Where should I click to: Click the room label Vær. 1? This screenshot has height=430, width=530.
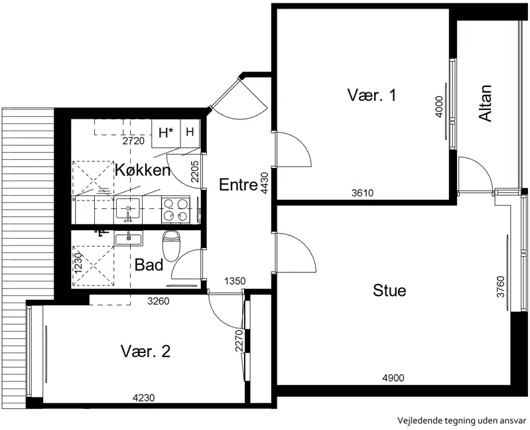click(x=371, y=95)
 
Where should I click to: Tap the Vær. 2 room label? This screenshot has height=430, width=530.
click(x=146, y=352)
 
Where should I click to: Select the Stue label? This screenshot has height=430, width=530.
click(x=389, y=291)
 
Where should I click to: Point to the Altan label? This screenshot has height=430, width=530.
click(x=486, y=103)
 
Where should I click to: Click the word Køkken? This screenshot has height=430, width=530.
click(x=143, y=170)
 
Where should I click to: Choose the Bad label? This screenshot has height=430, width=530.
click(x=149, y=265)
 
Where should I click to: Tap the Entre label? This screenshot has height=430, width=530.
click(x=238, y=184)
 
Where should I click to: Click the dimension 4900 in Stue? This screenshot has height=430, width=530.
click(x=393, y=378)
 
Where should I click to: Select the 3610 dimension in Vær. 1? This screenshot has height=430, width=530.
click(x=362, y=193)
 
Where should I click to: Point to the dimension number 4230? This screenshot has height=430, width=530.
click(x=143, y=398)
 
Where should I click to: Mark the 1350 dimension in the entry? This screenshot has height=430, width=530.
click(x=235, y=281)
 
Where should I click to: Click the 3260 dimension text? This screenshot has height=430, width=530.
click(x=158, y=301)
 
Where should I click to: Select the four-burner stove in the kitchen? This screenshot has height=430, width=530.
click(x=175, y=210)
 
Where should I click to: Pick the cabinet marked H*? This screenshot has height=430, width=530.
click(x=166, y=133)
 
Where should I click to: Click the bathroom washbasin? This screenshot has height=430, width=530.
click(x=129, y=238)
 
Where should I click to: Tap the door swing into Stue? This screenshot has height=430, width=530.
click(x=296, y=252)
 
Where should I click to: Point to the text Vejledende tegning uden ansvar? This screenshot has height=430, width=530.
click(x=462, y=421)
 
